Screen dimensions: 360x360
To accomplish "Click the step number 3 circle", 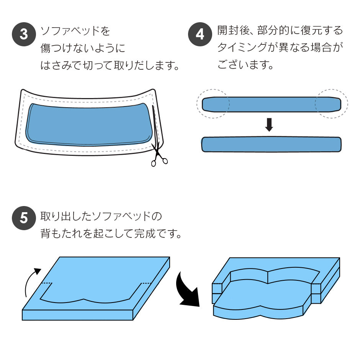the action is [x=24, y=34].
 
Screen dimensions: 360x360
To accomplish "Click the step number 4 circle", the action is [x=200, y=34].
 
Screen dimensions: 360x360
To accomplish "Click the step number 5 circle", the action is [x=24, y=218].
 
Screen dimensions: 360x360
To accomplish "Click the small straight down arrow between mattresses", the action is [x=269, y=125].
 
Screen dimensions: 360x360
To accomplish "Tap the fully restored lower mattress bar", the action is [x=272, y=144].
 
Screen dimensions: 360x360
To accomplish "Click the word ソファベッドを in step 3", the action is [x=75, y=31].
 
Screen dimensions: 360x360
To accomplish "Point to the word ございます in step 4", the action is [x=242, y=64].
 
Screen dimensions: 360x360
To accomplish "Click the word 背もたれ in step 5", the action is [x=62, y=234].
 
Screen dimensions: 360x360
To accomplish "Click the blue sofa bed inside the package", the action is [x=89, y=124].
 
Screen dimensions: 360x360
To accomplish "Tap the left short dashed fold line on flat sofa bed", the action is [x=47, y=283].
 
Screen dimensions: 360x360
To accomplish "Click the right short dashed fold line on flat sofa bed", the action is [x=146, y=283].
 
